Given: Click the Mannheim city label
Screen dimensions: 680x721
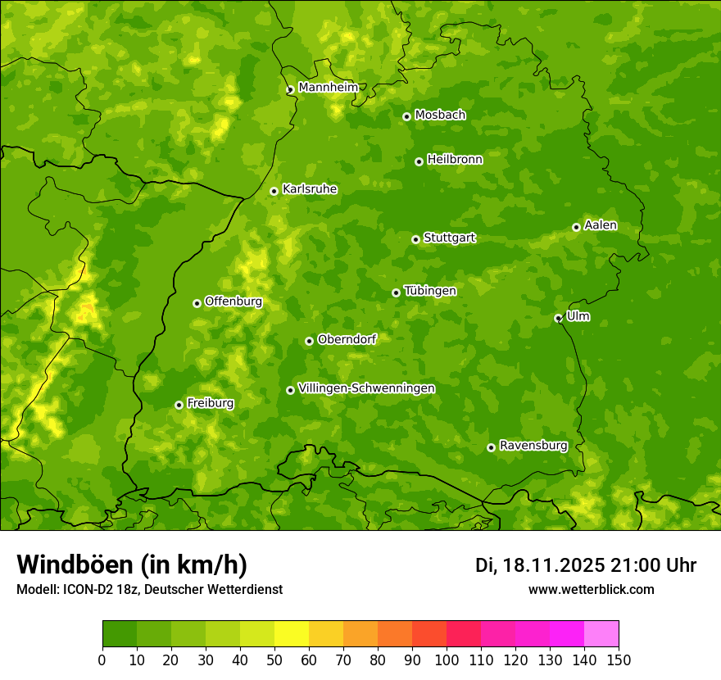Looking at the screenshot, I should [328, 88].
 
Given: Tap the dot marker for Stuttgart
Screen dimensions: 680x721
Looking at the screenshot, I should [415, 239].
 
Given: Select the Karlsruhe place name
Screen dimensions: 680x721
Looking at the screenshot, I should [309, 189].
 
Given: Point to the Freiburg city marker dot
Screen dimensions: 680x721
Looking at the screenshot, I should [179, 405].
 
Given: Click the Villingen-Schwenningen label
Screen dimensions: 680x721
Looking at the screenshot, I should [366, 388].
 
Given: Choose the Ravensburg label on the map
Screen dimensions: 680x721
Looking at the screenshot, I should [533, 446].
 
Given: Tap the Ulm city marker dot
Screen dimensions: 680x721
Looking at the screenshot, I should [558, 318].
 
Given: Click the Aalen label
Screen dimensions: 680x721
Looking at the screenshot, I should [600, 225].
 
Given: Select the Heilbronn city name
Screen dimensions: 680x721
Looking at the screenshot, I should [454, 160].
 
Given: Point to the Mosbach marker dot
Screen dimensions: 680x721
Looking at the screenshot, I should [406, 116].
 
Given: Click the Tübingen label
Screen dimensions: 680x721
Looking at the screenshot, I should [429, 291].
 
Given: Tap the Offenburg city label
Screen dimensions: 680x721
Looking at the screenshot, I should [233, 301].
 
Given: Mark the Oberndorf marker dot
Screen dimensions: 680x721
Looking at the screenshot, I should [309, 341].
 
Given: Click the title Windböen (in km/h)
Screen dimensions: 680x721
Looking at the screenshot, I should [131, 564].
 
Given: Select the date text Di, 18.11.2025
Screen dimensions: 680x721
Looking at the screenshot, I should [540, 565].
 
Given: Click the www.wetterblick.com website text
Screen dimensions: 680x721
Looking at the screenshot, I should [591, 589].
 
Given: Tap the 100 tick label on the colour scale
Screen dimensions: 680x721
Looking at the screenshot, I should [447, 660].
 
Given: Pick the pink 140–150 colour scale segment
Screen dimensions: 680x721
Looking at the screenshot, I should [601, 634].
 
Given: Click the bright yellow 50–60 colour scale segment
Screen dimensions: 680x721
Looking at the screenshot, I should [292, 634].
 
